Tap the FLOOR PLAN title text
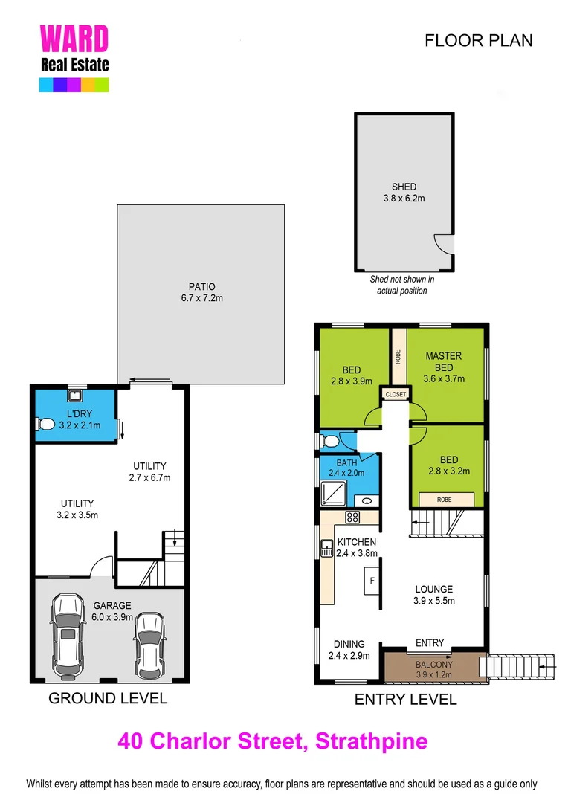pyautogui.click(x=478, y=40)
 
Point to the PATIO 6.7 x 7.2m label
pyautogui.click(x=201, y=292)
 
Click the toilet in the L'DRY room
pyautogui.click(x=46, y=425)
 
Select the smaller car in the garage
pyautogui.click(x=149, y=639)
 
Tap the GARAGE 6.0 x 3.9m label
pyautogui.click(x=113, y=611)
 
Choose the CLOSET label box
pyautogui.click(x=395, y=395)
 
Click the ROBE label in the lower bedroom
pyautogui.click(x=444, y=499)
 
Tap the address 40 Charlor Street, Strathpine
pyautogui.click(x=273, y=741)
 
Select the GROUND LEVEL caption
pyautogui.click(x=108, y=698)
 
